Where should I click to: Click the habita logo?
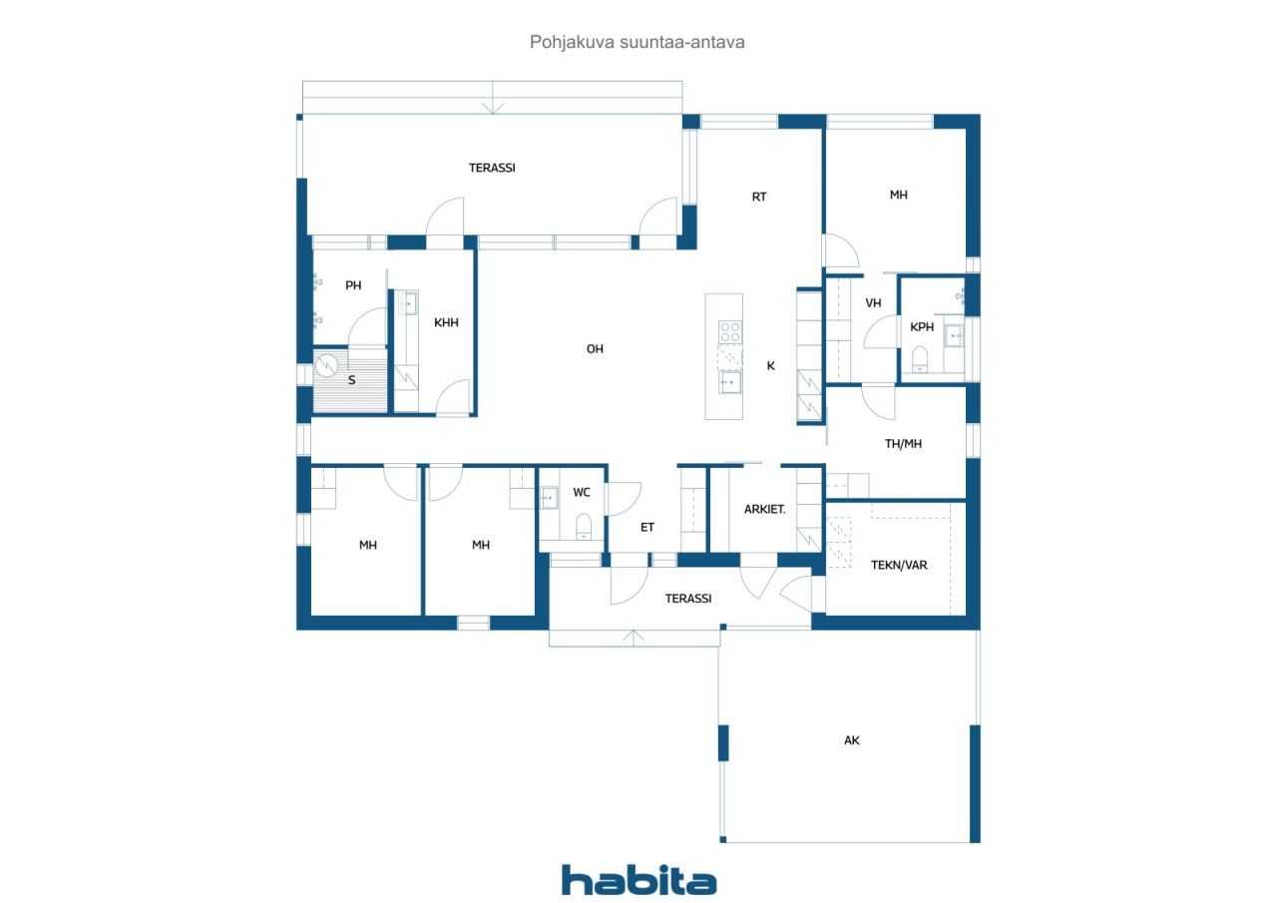click(x=639, y=880)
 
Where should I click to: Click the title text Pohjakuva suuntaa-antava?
click(x=637, y=42)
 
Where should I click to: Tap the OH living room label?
click(x=595, y=349)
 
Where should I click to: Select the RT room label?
click(x=759, y=197)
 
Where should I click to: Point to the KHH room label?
click(x=446, y=322)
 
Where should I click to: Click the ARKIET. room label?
click(x=764, y=509)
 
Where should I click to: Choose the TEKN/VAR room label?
click(x=899, y=565)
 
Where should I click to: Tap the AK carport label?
click(x=852, y=740)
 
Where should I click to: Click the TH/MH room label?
click(x=903, y=444)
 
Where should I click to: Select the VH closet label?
click(x=873, y=302)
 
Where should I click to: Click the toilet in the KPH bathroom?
click(x=920, y=359)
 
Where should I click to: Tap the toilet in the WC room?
click(x=584, y=527)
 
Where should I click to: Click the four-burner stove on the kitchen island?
click(x=729, y=332)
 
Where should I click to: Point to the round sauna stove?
click(x=327, y=365)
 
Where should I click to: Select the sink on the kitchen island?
click(x=729, y=382)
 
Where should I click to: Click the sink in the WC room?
click(x=549, y=498)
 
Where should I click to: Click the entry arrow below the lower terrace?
click(x=634, y=638)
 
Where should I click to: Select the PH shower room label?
click(x=353, y=285)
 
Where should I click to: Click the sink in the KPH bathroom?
click(x=954, y=336)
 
